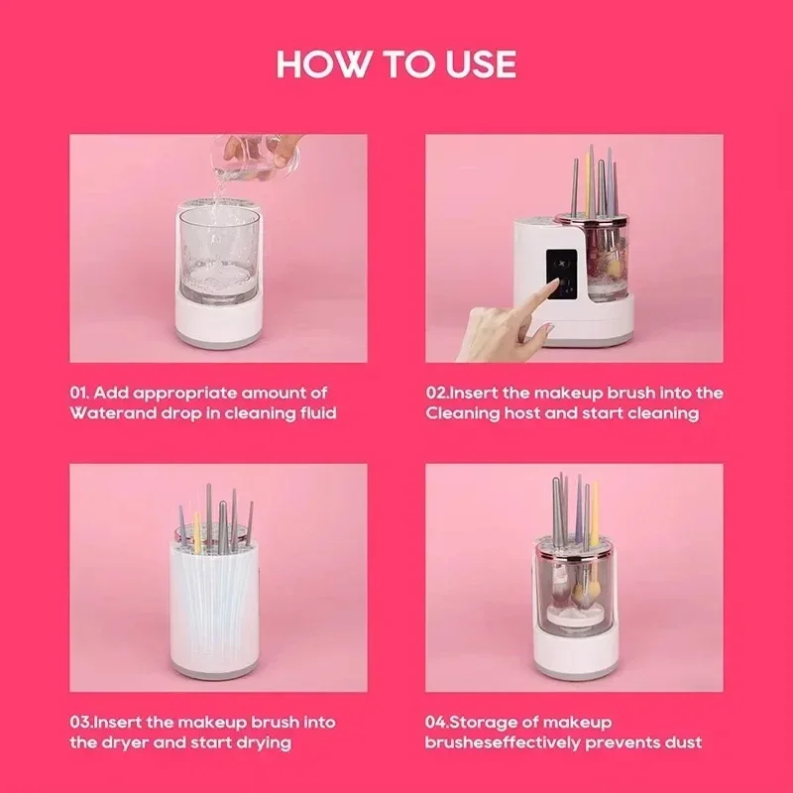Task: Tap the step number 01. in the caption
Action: pyautogui.click(x=82, y=394)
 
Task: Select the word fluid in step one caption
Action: pyautogui.click(x=316, y=412)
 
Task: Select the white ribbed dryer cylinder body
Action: pyautogui.click(x=217, y=615)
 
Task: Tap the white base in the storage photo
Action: pyautogui.click(x=574, y=654)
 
